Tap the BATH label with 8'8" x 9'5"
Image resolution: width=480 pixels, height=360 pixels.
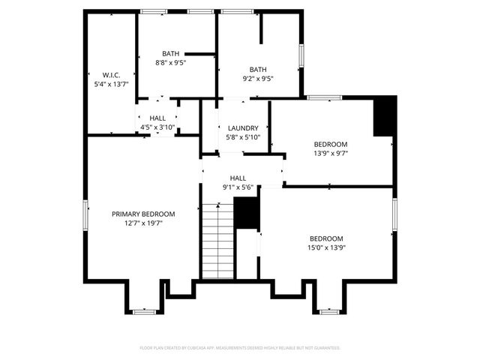click(x=170, y=53)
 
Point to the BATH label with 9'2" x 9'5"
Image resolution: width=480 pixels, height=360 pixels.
click(x=257, y=69)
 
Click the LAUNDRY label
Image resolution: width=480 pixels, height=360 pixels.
click(x=243, y=128)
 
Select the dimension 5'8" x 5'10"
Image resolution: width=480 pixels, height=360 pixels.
click(x=243, y=137)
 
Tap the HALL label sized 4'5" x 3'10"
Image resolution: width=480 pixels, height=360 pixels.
click(x=157, y=118)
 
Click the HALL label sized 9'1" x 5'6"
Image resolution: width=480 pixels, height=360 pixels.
click(x=238, y=178)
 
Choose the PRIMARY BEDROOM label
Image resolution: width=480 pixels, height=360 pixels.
click(x=143, y=214)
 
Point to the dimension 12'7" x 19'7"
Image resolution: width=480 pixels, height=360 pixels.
click(x=143, y=223)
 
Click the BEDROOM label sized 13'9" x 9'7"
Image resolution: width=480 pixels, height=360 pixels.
click(x=330, y=144)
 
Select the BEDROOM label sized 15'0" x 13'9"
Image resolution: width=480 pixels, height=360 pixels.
click(x=325, y=238)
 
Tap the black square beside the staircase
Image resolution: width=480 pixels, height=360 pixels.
click(x=246, y=214)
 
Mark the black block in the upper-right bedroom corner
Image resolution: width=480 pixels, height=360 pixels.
click(x=384, y=116)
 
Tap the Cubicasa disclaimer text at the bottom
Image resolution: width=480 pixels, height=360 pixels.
click(x=240, y=348)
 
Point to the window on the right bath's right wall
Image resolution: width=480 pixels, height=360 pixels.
click(x=301, y=56)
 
